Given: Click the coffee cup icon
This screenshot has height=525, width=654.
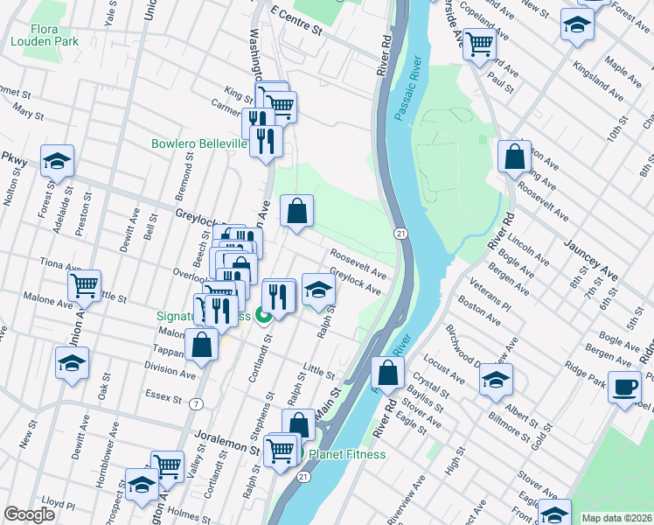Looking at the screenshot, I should coord(624,388).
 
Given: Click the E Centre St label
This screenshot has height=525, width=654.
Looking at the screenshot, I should coord(296,23).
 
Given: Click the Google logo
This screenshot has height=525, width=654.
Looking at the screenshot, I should coord(30,514).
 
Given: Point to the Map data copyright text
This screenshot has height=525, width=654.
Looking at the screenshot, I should coord(617,518).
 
